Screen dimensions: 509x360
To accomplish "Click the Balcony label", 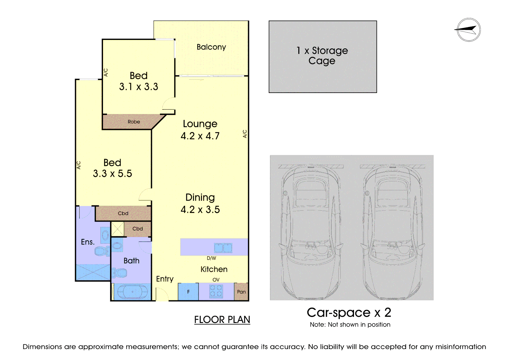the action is pyautogui.click(x=211, y=47).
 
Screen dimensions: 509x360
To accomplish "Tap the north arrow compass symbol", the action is pyautogui.click(x=468, y=30).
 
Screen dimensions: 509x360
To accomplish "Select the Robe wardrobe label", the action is pyautogui.click(x=134, y=122).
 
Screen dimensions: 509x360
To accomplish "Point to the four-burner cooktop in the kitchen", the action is pyautogui.click(x=216, y=291).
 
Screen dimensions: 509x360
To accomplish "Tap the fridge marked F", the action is pyautogui.click(x=188, y=292).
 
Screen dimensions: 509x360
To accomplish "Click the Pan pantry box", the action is pyautogui.click(x=241, y=292).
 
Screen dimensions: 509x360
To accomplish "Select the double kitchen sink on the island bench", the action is pyautogui.click(x=223, y=248).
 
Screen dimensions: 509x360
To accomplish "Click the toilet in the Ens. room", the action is pyautogui.click(x=102, y=251).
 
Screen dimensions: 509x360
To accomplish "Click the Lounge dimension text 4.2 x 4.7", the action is pyautogui.click(x=200, y=136).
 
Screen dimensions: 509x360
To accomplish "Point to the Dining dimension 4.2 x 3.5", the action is pyautogui.click(x=200, y=210).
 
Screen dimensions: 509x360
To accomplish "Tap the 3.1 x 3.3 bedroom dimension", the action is pyautogui.click(x=139, y=87).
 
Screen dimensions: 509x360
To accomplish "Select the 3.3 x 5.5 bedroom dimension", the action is pyautogui.click(x=112, y=174).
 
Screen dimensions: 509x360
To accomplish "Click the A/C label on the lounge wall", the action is pyautogui.click(x=245, y=134).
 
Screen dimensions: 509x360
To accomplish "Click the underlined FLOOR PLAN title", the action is pyautogui.click(x=222, y=320).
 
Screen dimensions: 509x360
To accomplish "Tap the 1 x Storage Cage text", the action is pyautogui.click(x=322, y=56).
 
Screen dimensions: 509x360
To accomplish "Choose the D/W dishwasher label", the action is pyautogui.click(x=211, y=258).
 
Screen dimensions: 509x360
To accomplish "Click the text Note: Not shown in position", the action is pyautogui.click(x=350, y=325).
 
